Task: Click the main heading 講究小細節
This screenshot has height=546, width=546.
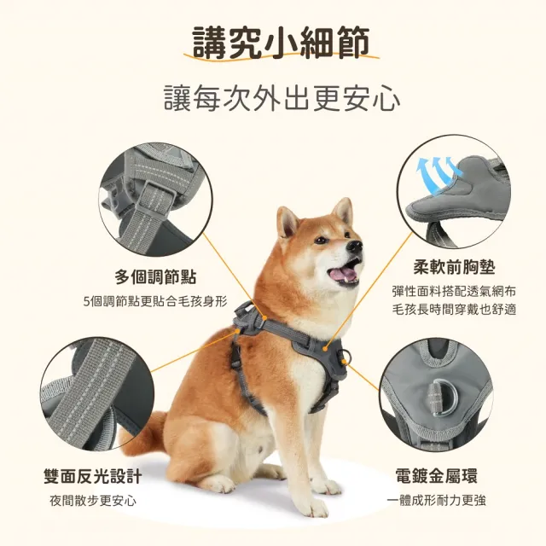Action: (x=281, y=43)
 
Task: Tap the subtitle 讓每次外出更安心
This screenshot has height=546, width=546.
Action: (x=282, y=98)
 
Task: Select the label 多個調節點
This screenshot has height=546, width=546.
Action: (x=155, y=277)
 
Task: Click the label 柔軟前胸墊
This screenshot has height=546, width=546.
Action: (x=454, y=267)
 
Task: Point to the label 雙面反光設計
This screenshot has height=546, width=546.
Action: (x=93, y=476)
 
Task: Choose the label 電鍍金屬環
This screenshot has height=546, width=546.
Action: (x=436, y=476)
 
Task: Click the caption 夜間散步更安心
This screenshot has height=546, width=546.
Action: (x=93, y=501)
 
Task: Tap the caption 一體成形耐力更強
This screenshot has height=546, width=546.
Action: (x=436, y=501)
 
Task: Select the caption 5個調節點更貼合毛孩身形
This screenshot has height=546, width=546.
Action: (x=155, y=301)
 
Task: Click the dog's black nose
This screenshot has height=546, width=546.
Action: (x=355, y=247)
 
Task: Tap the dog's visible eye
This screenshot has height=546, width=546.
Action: (x=321, y=241)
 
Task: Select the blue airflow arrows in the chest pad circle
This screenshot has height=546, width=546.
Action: (x=438, y=173)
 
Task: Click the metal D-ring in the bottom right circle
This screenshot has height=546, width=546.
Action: (x=442, y=397)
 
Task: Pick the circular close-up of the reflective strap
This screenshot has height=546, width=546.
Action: (x=97, y=393)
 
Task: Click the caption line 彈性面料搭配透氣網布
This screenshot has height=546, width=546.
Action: (x=454, y=292)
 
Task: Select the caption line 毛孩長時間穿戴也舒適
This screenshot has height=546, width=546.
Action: (x=454, y=310)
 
